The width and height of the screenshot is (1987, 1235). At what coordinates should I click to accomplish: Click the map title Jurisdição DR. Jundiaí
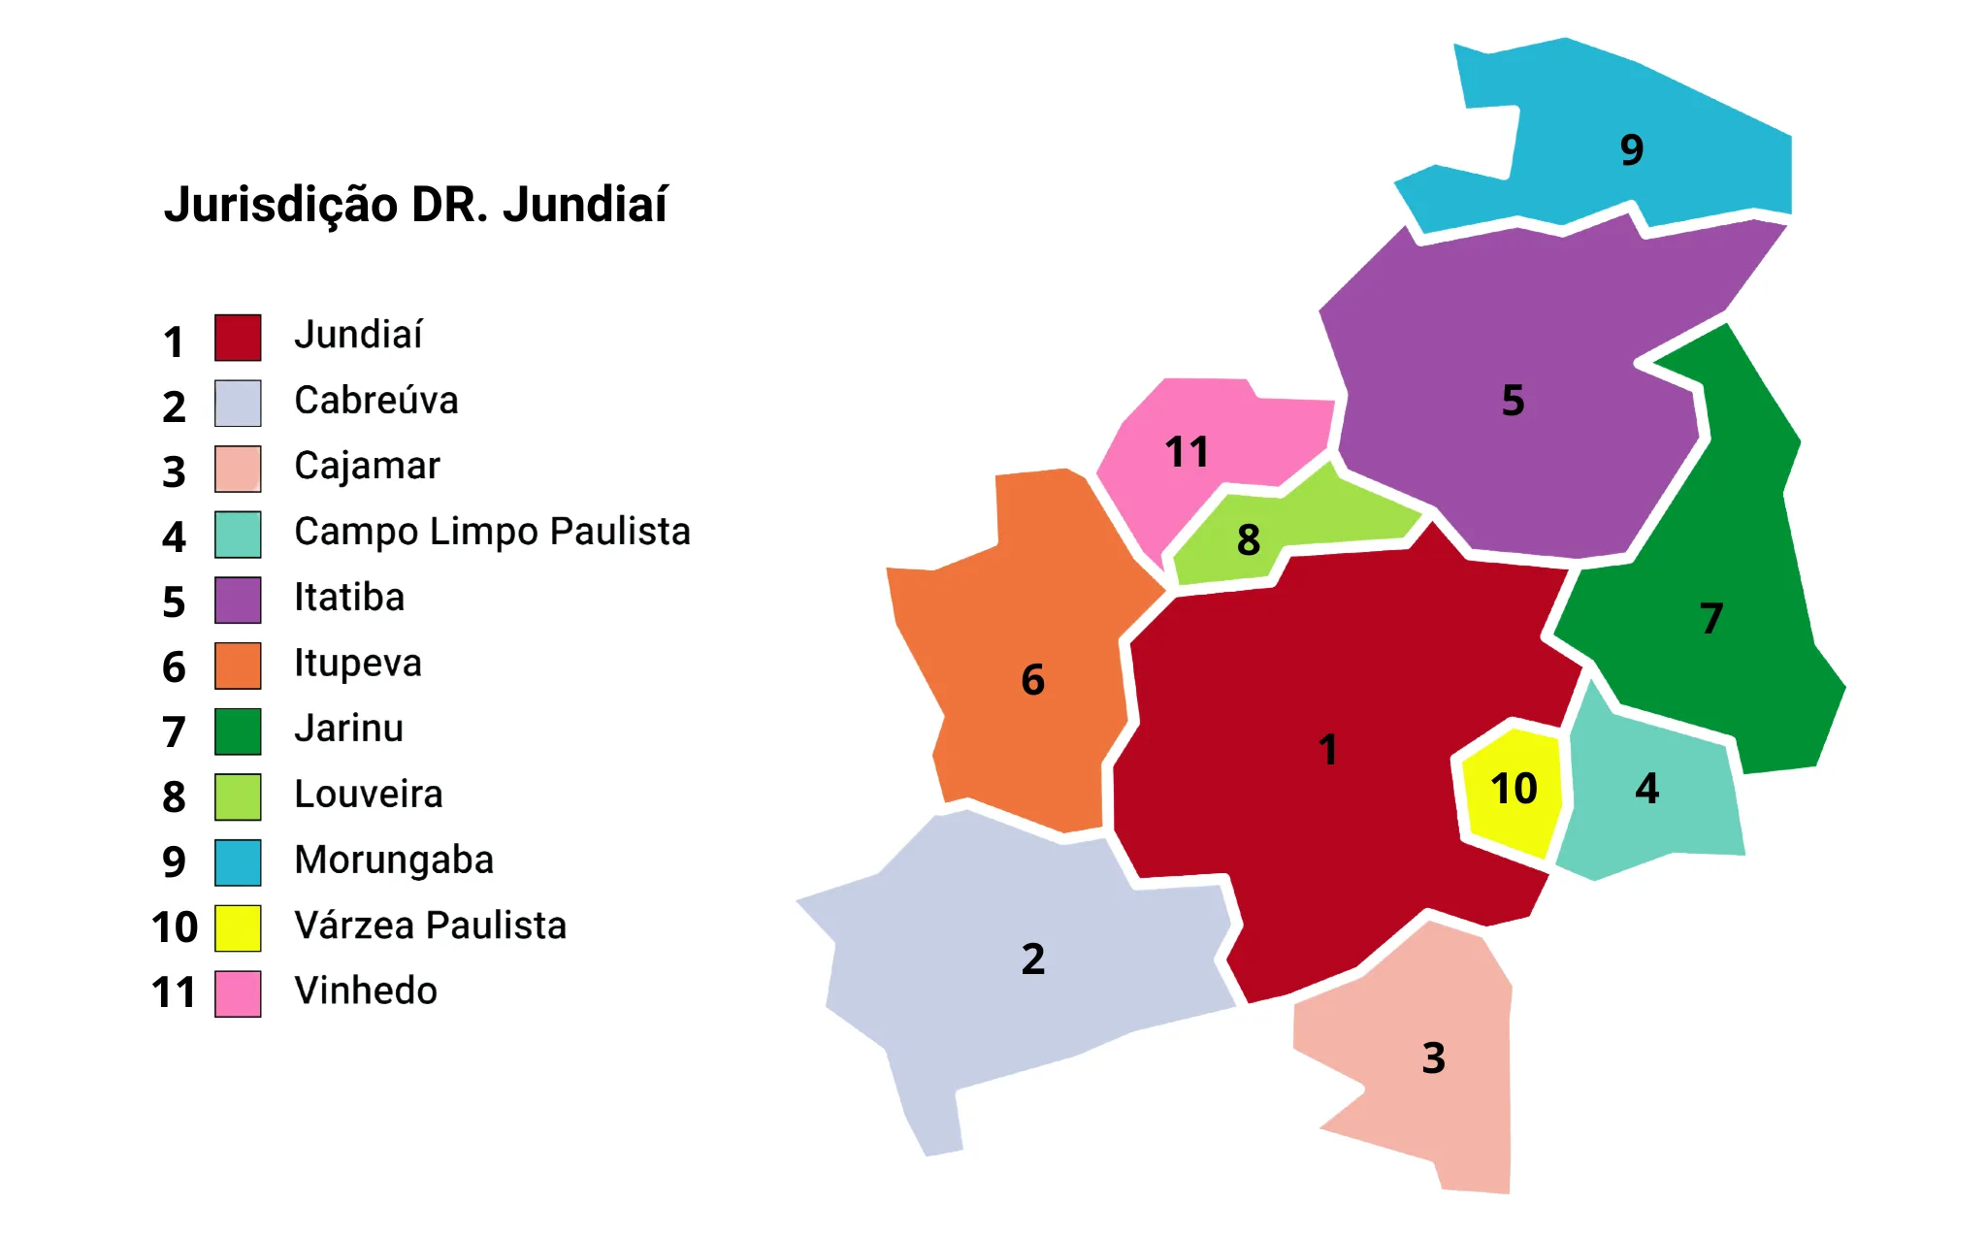[415, 205]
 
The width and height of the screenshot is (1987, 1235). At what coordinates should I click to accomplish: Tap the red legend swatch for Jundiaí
[238, 338]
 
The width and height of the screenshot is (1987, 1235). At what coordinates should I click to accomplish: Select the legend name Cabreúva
[375, 401]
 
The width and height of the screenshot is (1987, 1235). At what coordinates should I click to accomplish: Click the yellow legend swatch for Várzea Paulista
[238, 928]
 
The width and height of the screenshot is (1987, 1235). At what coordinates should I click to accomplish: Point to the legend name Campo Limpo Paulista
[492, 532]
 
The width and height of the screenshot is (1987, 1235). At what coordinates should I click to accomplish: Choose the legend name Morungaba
[394, 861]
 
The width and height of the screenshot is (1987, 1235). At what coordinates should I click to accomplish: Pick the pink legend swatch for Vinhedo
[238, 993]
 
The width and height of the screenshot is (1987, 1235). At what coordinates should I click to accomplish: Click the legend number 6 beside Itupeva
[174, 667]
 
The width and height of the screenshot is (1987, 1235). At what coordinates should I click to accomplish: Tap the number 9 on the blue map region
[1632, 150]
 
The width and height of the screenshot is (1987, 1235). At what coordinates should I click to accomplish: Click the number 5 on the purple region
[1513, 401]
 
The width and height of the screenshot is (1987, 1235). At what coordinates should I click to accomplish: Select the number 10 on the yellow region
[1514, 789]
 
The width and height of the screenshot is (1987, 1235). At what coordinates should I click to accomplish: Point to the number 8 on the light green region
[1249, 540]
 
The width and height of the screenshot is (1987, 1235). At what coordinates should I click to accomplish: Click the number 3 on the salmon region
[1434, 1058]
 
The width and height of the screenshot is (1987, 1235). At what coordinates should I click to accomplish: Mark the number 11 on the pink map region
[1187, 452]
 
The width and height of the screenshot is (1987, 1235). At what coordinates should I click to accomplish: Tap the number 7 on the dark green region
[1711, 619]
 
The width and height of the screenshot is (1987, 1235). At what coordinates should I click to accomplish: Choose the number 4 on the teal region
[1647, 789]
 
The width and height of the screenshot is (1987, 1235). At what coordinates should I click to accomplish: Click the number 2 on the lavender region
[1033, 959]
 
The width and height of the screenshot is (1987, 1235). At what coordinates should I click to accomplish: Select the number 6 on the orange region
[1033, 680]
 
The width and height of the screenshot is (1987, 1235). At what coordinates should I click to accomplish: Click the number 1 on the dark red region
[1328, 750]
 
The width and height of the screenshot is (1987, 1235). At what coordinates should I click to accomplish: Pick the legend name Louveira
[369, 795]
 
